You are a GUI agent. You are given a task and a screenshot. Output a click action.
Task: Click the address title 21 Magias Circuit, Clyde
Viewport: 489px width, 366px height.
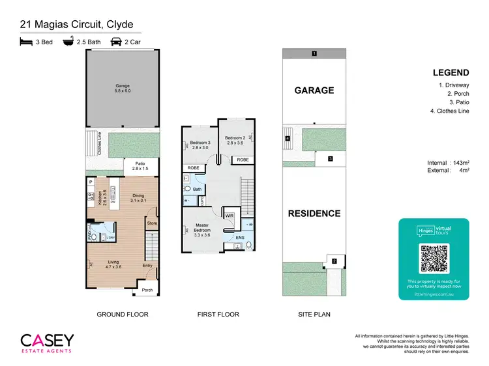coord(76,25)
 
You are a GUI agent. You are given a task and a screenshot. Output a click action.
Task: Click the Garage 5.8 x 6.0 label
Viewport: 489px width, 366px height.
coord(123,88)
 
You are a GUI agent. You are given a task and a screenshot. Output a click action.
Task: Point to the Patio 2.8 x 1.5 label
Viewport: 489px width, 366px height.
coord(140,166)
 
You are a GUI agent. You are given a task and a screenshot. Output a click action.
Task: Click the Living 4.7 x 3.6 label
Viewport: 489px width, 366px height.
coord(113,264)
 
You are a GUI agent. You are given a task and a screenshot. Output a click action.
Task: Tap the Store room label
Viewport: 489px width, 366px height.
coord(152,223)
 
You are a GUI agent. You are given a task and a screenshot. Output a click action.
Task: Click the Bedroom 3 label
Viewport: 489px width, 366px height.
coord(200,145)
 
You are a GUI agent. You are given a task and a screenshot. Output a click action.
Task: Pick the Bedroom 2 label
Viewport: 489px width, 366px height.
coord(234,140)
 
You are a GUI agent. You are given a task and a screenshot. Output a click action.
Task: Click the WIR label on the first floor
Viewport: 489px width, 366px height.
coord(230,216)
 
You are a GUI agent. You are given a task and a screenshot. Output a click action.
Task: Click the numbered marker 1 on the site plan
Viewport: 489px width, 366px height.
coord(314,53)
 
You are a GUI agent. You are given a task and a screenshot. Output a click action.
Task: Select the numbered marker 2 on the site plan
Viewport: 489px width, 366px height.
coord(333,260)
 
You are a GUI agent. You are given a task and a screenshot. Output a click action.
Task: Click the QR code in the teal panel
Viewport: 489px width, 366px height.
coord(434,258)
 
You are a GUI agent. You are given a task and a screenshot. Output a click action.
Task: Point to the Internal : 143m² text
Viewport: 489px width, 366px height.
coord(449,162)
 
